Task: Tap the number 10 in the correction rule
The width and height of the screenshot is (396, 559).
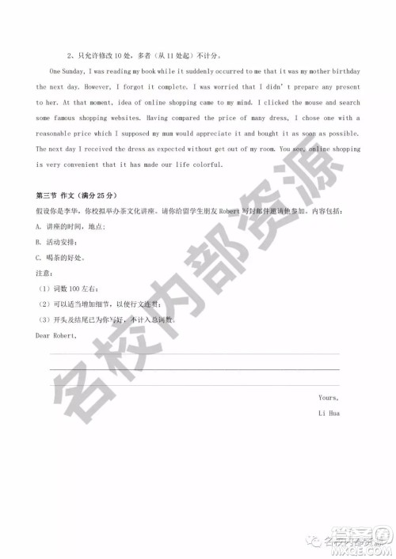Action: tap(112, 56)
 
